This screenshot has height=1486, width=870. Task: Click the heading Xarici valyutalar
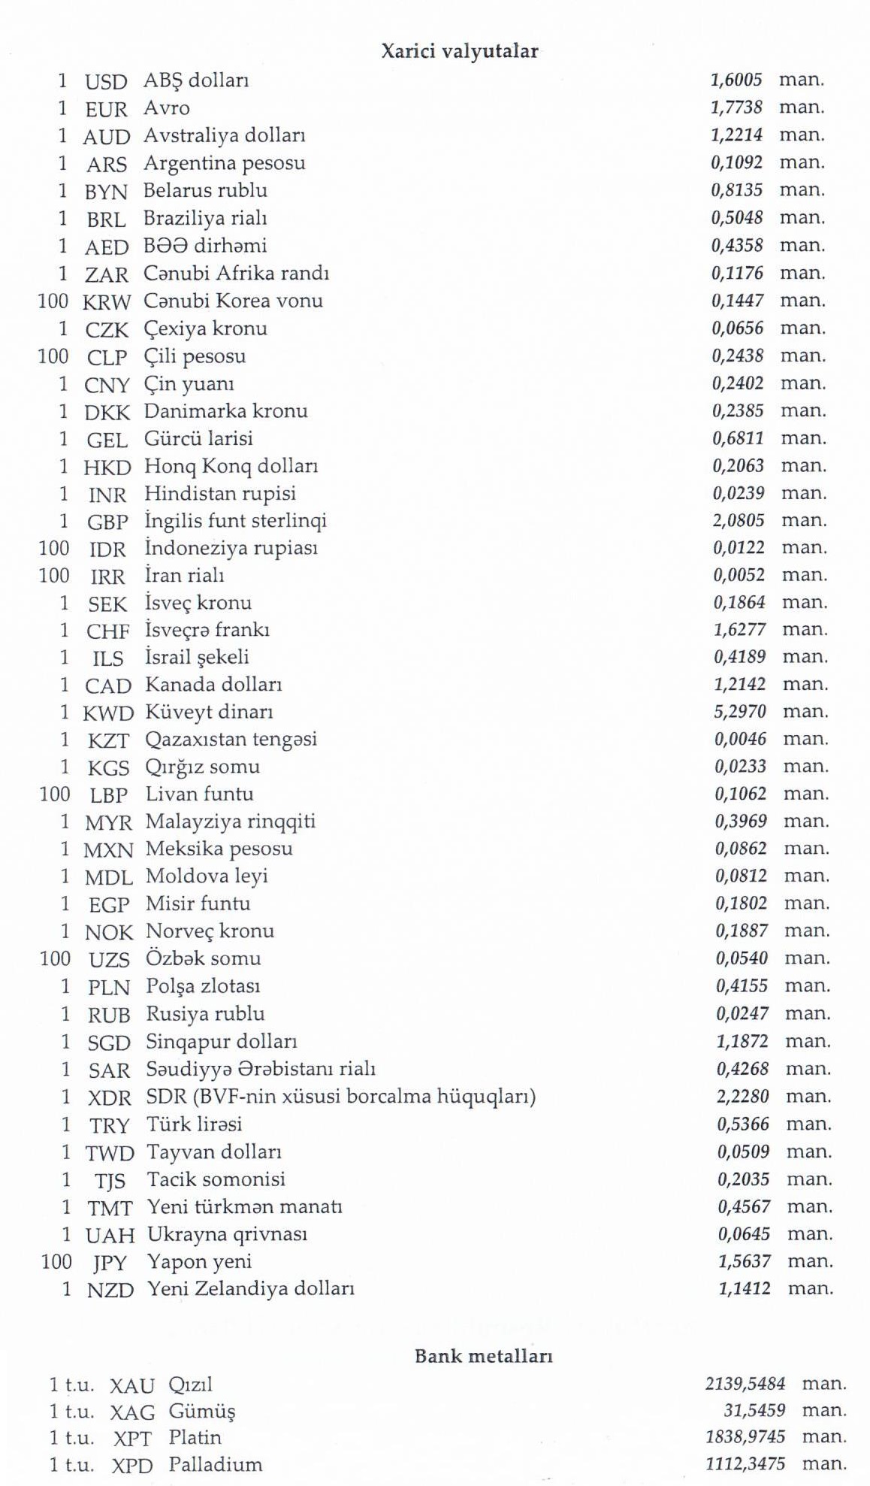459,51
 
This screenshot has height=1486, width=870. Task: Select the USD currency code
106,81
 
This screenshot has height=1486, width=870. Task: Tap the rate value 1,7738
736,107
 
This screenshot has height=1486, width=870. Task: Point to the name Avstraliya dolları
224,136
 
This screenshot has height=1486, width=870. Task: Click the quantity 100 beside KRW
53,301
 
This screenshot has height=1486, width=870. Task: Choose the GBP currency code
108,522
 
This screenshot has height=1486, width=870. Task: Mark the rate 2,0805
739,520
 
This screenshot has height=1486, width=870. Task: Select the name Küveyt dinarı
209,712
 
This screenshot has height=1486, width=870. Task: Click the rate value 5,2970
740,711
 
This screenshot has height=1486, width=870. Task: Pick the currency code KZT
108,740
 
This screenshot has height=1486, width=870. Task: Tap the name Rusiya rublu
205,1014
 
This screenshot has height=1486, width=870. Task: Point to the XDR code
110,1097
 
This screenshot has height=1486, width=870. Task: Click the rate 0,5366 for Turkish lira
743,1124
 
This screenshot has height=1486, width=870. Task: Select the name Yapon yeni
199,1262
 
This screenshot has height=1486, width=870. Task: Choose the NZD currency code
110,1290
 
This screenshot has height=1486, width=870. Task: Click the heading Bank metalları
483,1357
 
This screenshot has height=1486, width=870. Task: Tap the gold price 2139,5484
745,1384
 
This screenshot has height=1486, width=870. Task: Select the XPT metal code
132,1439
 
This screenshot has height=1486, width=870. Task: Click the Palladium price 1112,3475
745,1464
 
